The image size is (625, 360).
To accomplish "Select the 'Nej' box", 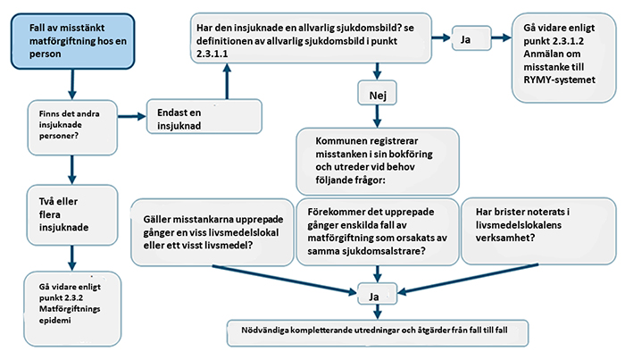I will tap(379, 93).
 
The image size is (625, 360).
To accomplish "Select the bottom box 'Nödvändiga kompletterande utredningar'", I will tap(379, 331).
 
